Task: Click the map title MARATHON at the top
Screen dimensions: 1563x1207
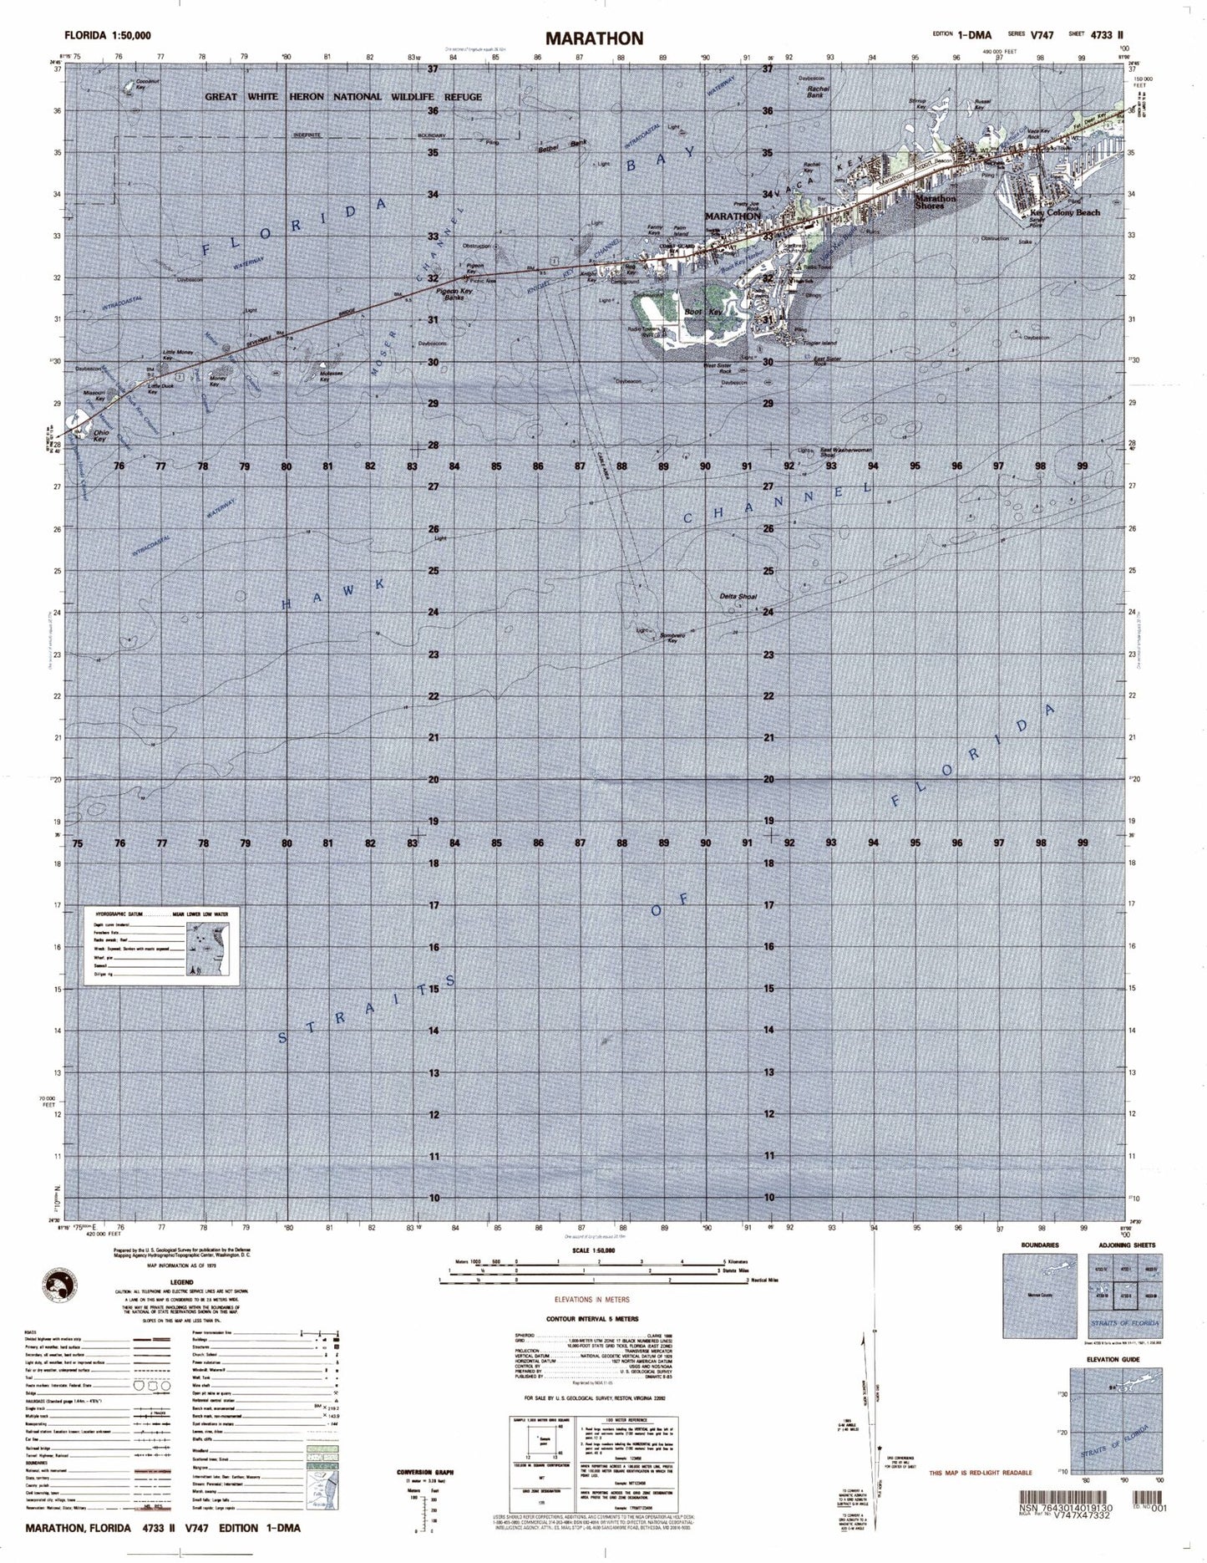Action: point(595,38)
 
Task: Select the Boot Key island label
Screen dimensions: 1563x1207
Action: point(697,312)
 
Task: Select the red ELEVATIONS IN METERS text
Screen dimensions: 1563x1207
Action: point(592,1300)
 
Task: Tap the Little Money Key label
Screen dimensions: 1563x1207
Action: point(175,354)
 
